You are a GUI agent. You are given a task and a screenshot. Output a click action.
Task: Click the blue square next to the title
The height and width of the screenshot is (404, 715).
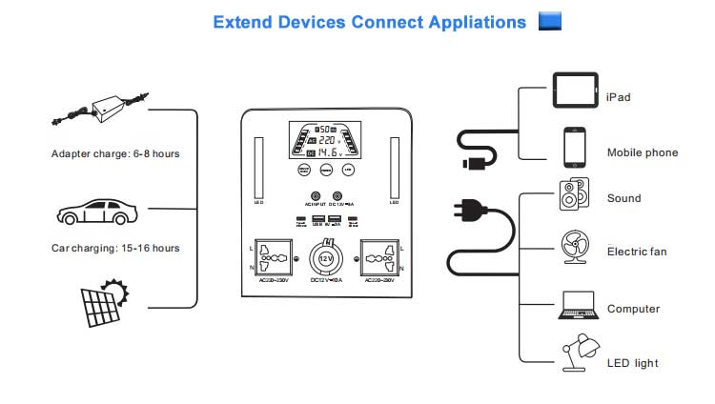coord(550,21)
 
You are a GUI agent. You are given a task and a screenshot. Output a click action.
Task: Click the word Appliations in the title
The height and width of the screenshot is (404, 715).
coord(478,22)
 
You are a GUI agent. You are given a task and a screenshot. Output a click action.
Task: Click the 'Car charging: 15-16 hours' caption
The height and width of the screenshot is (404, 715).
coord(115,248)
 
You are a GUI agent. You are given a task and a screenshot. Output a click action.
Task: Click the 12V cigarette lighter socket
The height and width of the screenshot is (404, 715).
coord(326,259)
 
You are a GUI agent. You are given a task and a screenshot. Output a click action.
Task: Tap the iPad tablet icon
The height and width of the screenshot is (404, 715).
coord(575,91)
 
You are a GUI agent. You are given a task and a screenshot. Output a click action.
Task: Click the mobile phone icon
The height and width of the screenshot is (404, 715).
coord(574,147)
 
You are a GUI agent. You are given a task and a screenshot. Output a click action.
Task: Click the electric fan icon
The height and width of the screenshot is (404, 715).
coord(574,249)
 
